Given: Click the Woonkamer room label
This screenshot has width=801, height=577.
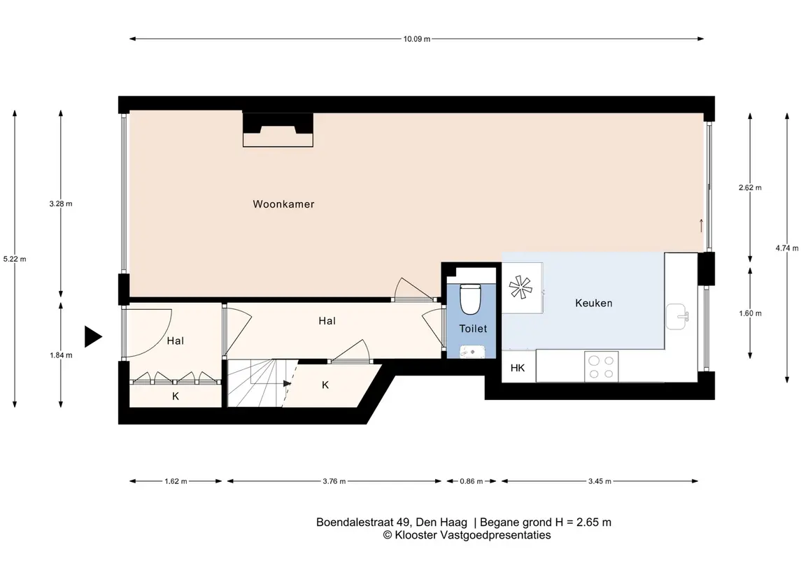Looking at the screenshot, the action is pos(283,204).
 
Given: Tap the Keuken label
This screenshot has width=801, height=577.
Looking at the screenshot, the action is pos(594,303).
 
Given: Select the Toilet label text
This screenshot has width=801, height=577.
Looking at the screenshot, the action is pos(473,328).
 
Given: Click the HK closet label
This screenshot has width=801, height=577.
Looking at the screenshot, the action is pos(518,368).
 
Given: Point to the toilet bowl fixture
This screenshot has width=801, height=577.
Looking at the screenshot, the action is pos(471,299).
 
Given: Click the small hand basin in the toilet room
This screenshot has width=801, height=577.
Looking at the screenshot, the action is pos(472,351).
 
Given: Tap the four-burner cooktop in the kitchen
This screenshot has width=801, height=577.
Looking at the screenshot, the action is pos(601,366).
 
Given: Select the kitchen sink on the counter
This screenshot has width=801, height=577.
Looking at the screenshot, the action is pos(677,317).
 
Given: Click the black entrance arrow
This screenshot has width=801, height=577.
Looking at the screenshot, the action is pos(93,336).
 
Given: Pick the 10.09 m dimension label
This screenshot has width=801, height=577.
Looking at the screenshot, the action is pos(417,38).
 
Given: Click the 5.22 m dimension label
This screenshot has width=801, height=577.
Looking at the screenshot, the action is pos(15,259).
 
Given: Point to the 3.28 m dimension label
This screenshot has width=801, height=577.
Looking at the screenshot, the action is pos(61,204).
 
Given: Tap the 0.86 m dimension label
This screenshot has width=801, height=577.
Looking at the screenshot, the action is pos(471,481).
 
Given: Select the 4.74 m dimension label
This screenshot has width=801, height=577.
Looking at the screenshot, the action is pos(787,248).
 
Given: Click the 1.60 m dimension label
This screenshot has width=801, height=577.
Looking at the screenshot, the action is pos(750,313).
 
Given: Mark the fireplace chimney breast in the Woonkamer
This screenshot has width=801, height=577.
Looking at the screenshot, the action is pos(278,129).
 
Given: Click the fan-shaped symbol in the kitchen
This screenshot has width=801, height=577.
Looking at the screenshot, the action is pos(520,287).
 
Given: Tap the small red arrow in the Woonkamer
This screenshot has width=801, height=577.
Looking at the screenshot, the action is pos(701,225).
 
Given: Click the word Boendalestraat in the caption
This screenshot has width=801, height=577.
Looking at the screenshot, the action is pos(355,522).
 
